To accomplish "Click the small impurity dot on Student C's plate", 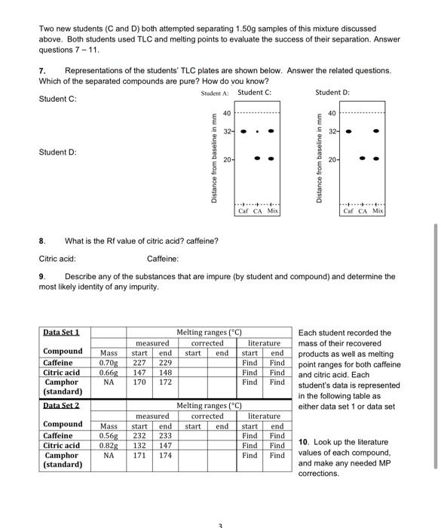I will (258, 130).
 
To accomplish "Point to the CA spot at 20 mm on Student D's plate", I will (363, 159).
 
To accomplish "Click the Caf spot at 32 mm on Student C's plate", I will (243, 130).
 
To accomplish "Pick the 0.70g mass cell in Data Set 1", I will (109, 362).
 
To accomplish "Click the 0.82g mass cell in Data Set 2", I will (109, 445).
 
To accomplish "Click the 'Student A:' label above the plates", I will (216, 93).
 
